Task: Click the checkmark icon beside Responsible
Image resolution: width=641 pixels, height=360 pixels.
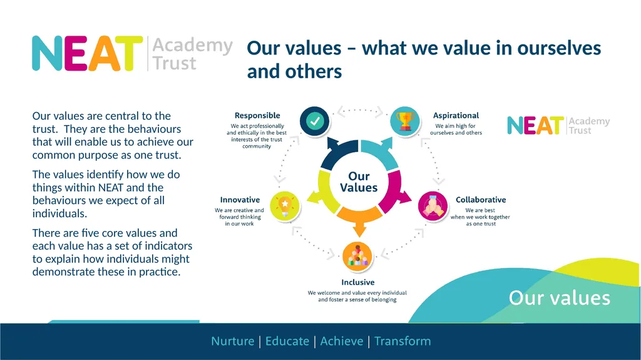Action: [314, 121]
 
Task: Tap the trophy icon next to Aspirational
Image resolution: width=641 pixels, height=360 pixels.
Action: [405, 121]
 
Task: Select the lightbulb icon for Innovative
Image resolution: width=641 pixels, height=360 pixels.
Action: [285, 206]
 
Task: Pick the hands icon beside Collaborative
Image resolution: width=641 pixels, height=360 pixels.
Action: [433, 206]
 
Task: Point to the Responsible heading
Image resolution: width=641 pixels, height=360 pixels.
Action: [257, 115]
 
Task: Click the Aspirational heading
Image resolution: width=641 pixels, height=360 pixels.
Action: [456, 115]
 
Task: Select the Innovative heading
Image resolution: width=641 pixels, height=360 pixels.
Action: [240, 200]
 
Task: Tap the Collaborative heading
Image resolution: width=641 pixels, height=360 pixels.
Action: [481, 200]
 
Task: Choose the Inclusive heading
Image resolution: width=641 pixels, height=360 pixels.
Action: [358, 282]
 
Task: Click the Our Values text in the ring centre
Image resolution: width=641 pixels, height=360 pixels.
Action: [359, 182]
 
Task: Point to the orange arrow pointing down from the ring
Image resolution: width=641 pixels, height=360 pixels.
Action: [359, 221]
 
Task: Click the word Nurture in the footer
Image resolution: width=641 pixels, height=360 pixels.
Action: [233, 341]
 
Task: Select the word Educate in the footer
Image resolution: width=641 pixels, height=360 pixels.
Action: [287, 341]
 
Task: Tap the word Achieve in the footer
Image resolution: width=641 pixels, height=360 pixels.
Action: [342, 341]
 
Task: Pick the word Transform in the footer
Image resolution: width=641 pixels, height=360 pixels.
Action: [403, 341]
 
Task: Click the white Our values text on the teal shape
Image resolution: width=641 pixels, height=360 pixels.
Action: [560, 298]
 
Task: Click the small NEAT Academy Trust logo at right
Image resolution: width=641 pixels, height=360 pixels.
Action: [558, 126]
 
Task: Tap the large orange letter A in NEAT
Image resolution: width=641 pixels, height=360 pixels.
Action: [105, 54]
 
